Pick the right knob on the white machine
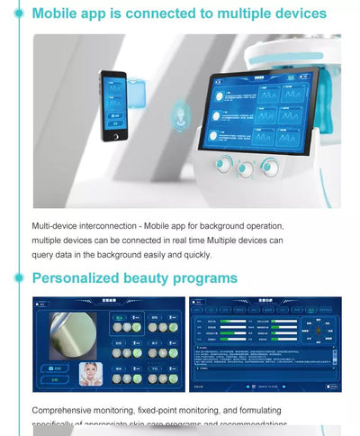click(x=268, y=167)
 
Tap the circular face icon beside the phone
click(x=179, y=115)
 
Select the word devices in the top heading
click(x=293, y=14)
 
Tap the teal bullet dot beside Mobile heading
click(x=17, y=14)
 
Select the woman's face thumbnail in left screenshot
click(x=90, y=373)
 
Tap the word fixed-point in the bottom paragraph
click(x=179, y=410)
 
